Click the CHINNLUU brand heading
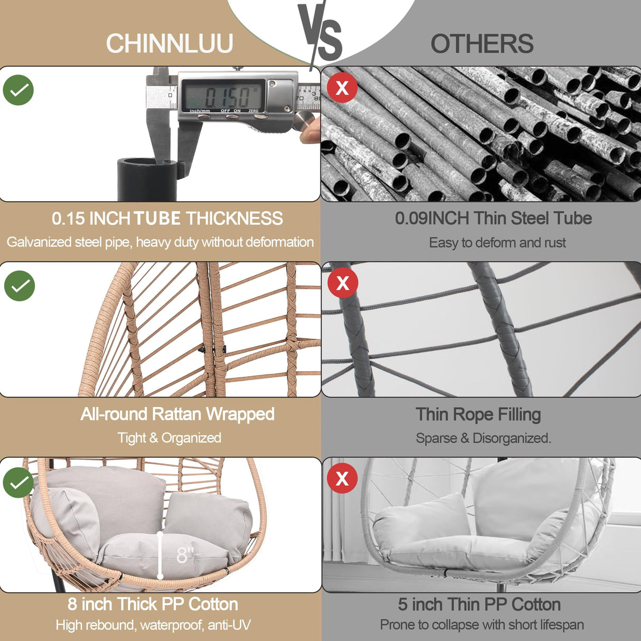click(x=169, y=43)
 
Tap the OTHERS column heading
click(x=482, y=44)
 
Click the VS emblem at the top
click(x=320, y=32)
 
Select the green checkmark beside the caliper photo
click(x=18, y=90)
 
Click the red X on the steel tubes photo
click(x=342, y=87)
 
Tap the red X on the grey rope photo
click(x=343, y=282)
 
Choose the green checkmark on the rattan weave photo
click(x=20, y=286)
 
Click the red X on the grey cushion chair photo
click(x=342, y=478)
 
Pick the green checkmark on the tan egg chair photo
click(x=18, y=482)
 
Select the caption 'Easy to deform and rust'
click(x=497, y=243)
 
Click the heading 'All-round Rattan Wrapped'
click(x=177, y=414)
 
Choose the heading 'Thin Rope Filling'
click(x=478, y=414)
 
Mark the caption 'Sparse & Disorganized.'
click(x=483, y=438)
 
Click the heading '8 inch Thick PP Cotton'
click(x=153, y=604)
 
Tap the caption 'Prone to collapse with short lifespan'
click(x=482, y=625)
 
